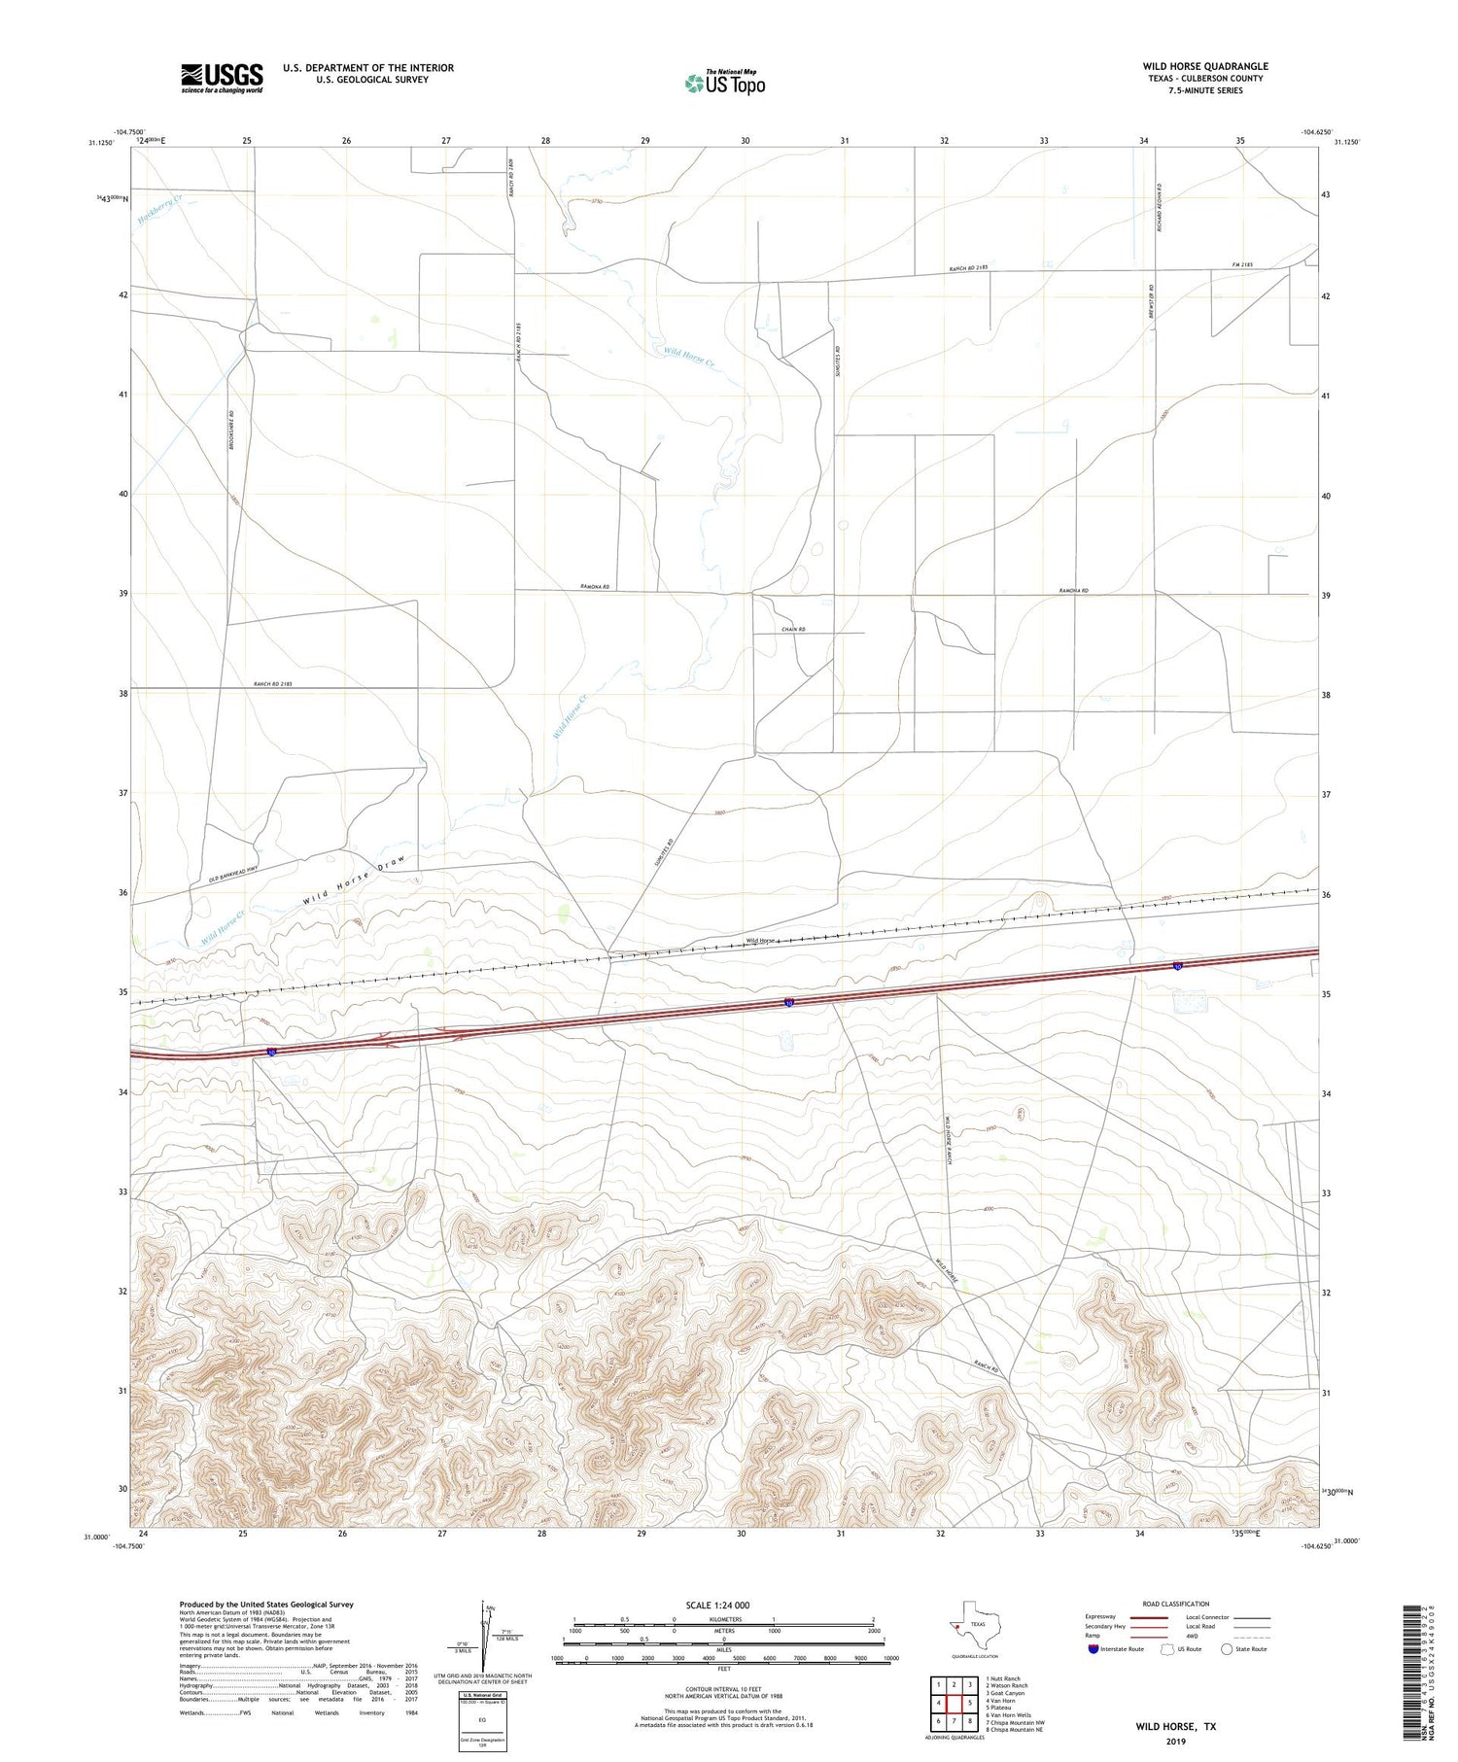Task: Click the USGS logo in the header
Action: coord(221,77)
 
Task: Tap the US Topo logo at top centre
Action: coord(724,83)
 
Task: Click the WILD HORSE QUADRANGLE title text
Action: coord(1204,66)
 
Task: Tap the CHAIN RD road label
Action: coord(793,630)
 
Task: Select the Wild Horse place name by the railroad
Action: coord(759,940)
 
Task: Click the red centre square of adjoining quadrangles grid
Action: coord(955,1703)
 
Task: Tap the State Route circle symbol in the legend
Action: coord(1227,1648)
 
